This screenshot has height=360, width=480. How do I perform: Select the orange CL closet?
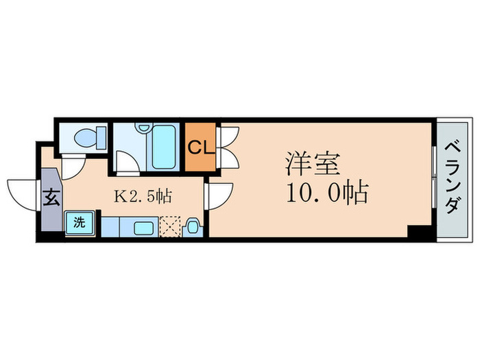click(x=201, y=147)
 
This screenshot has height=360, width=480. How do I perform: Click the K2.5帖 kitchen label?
click(x=142, y=196)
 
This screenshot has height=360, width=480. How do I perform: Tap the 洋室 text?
click(x=310, y=165)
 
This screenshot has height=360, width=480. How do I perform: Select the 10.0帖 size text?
click(x=326, y=192)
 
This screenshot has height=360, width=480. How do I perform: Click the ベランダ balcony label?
click(x=453, y=177)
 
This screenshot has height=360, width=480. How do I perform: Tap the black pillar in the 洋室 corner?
click(x=418, y=231)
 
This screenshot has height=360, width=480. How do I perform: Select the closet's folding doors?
click(x=228, y=147)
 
